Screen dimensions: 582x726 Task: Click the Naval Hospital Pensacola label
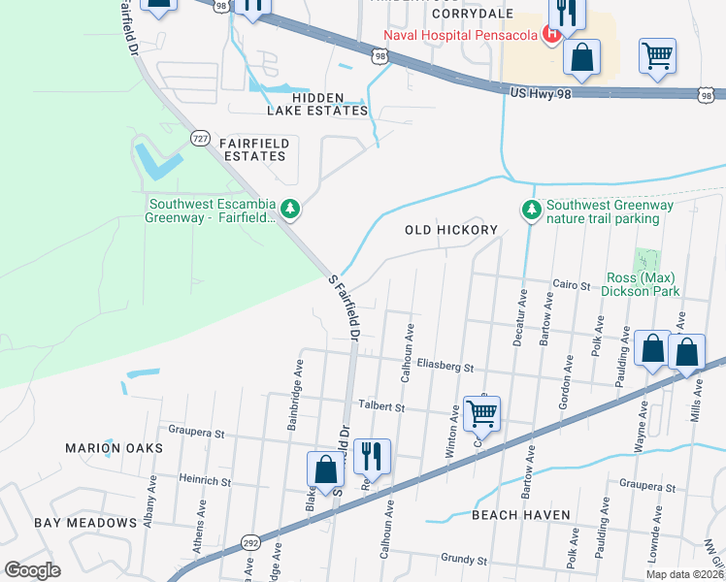click(460, 36)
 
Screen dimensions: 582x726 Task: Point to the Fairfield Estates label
click(254, 149)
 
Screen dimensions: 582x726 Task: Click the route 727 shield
click(201, 137)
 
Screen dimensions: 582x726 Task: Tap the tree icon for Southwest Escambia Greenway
click(289, 209)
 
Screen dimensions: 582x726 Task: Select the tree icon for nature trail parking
click(531, 209)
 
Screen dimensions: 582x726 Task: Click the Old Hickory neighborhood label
click(450, 230)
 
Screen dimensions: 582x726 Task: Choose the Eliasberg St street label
click(444, 367)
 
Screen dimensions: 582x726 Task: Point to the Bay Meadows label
click(85, 523)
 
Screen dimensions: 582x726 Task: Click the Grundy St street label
click(463, 560)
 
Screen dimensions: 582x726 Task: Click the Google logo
click(33, 569)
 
